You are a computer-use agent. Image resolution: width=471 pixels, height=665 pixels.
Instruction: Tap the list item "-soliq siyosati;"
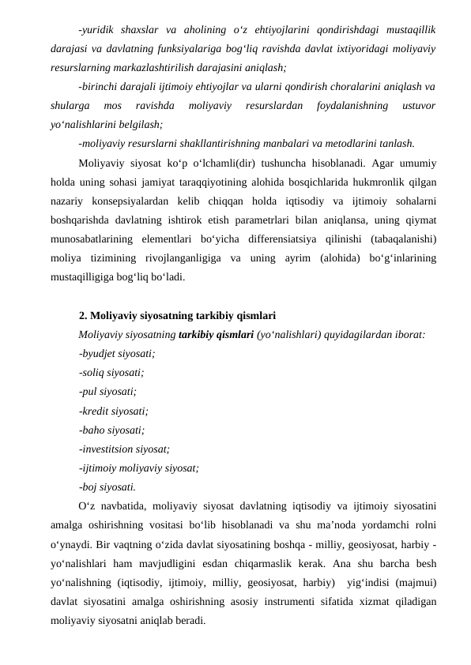111,373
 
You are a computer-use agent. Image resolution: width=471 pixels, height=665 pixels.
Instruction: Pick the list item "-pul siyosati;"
107,391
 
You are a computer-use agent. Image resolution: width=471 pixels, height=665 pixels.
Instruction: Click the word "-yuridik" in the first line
96,30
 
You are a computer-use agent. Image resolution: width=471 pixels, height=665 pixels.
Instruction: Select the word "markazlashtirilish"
167,68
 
